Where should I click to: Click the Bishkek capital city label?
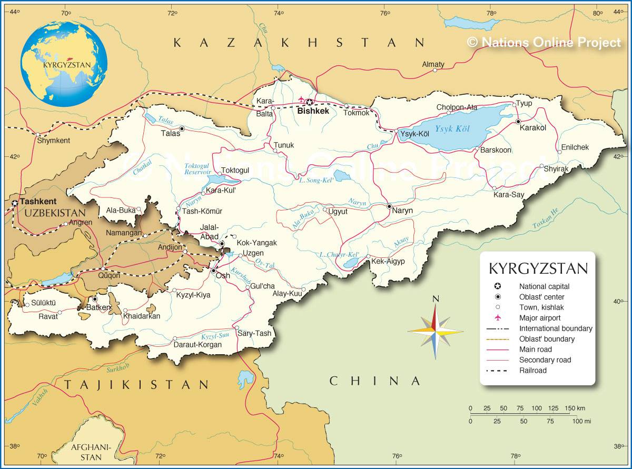pyautogui.click(x=313, y=111)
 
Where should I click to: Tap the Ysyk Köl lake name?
pyautogui.click(x=452, y=128)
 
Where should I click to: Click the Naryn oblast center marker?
pyautogui.click(x=389, y=206)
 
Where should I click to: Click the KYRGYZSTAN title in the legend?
pyautogui.click(x=538, y=268)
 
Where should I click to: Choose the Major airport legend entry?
pyautogui.click(x=540, y=318)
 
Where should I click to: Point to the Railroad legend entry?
pyautogui.click(x=532, y=371)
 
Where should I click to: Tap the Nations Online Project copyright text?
pyautogui.click(x=544, y=42)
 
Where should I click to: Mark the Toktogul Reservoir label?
pyautogui.click(x=197, y=168)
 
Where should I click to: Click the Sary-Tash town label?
pyautogui.click(x=254, y=333)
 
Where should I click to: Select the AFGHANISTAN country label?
pyautogui.click(x=91, y=452)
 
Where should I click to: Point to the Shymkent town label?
pyautogui.click(x=53, y=141)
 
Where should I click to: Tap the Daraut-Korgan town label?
pyautogui.click(x=197, y=345)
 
